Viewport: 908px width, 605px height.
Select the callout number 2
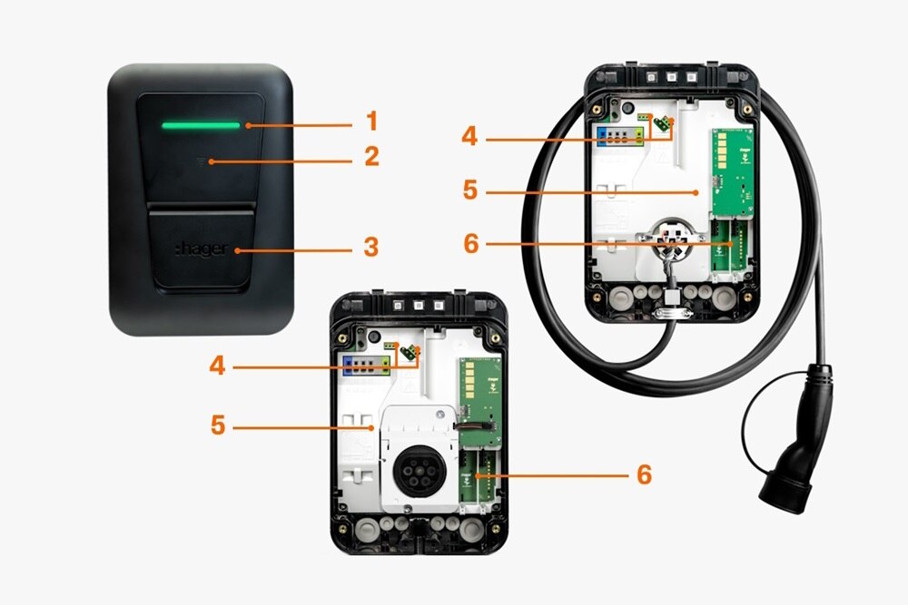[x=370, y=157]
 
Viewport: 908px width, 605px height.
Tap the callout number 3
[x=370, y=246]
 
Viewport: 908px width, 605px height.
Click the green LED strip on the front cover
[x=201, y=125]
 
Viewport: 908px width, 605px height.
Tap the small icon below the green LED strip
[x=202, y=161]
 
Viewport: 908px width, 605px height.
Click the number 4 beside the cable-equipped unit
[x=469, y=138]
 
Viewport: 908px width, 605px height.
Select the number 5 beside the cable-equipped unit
[x=469, y=191]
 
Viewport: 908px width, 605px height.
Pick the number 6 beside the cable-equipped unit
[x=469, y=243]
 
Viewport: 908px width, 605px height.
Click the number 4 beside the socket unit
[x=217, y=366]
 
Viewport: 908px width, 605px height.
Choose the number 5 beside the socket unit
[x=217, y=424]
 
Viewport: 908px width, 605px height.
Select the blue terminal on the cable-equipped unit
[x=602, y=135]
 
